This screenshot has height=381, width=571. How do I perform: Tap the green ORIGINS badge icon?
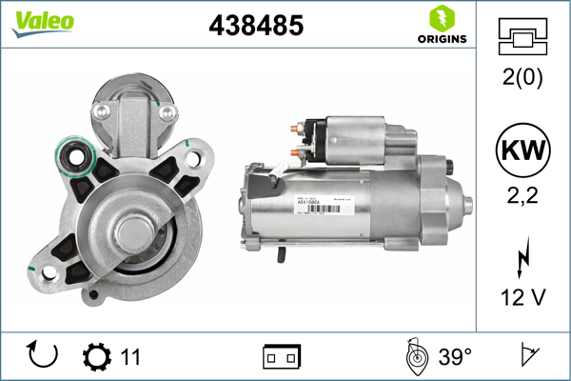pos(441,18)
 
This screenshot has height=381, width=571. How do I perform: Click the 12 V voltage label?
pos(522,298)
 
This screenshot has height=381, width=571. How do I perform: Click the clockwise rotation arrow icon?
pos(44,356)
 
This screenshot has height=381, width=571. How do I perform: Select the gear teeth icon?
pos(96,357)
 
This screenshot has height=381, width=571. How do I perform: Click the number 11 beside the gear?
pos(130,357)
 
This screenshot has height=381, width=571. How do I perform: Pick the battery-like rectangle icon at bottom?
pos(281,357)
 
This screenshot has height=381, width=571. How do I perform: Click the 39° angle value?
pos(455,357)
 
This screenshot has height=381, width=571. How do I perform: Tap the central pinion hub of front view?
pos(129,234)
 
